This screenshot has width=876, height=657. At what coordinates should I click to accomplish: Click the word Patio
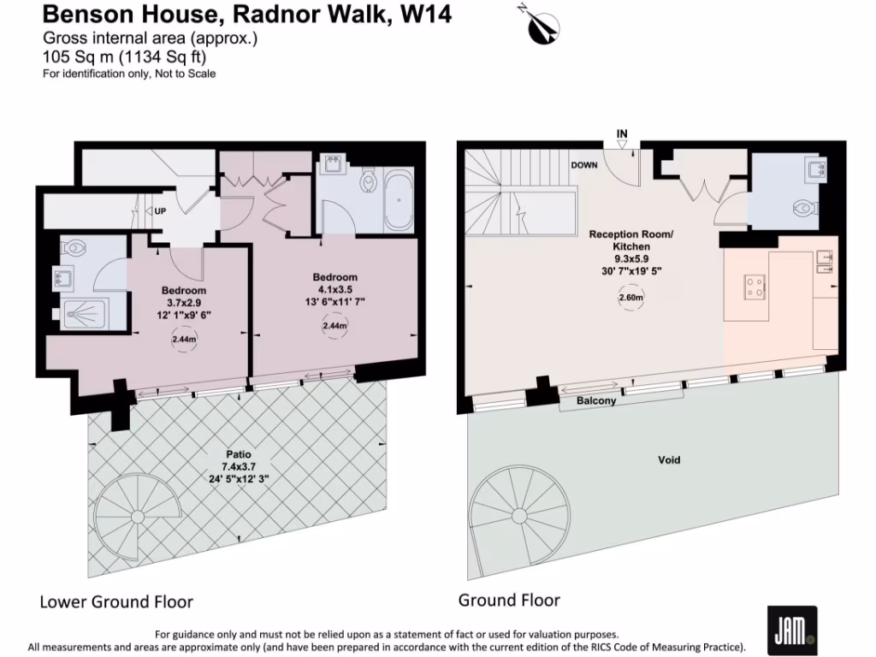pos(239,454)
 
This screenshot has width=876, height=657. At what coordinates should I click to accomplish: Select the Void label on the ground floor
pos(669,460)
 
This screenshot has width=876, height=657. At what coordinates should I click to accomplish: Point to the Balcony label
pos(595,400)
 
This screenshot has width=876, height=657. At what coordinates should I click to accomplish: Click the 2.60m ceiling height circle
pos(631,299)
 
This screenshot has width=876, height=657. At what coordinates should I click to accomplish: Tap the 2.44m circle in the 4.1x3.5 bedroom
pos(334,326)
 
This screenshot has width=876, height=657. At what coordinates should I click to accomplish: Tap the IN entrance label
pos(622,133)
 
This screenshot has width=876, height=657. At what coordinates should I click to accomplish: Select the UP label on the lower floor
pos(160,210)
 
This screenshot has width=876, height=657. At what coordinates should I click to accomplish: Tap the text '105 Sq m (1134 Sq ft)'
pos(124,56)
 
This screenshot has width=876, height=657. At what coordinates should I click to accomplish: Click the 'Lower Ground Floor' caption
pos(116,601)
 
